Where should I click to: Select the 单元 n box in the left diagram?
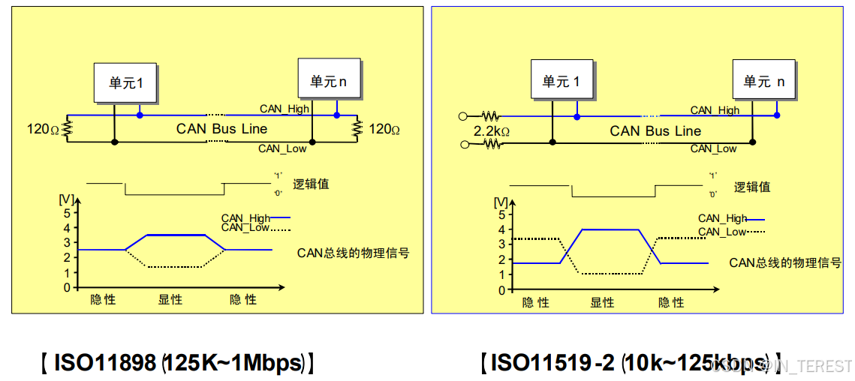(x=328, y=79)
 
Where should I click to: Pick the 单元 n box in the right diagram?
(x=763, y=79)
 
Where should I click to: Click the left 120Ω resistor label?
(x=43, y=129)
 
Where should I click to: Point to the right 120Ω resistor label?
(x=384, y=129)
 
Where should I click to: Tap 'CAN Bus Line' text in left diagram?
(x=221, y=128)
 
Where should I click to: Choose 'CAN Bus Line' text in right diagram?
(x=655, y=130)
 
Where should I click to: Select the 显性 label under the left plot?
(x=170, y=299)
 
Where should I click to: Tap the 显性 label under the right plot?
(x=602, y=302)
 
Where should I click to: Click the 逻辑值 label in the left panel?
(x=311, y=184)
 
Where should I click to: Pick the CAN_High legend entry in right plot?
(x=722, y=218)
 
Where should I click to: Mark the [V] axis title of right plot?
(x=501, y=202)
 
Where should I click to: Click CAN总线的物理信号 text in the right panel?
(x=784, y=262)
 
